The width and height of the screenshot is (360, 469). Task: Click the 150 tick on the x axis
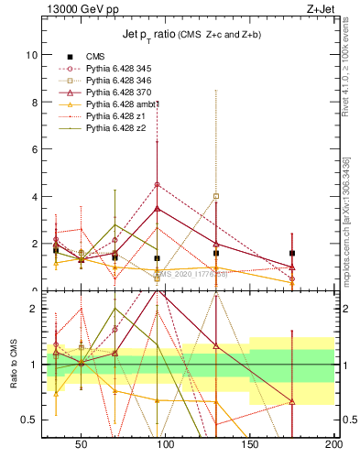click(249, 444)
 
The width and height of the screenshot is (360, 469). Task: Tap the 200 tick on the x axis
click(333, 444)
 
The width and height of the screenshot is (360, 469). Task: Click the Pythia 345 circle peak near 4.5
click(158, 184)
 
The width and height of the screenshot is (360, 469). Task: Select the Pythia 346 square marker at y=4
click(216, 196)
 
